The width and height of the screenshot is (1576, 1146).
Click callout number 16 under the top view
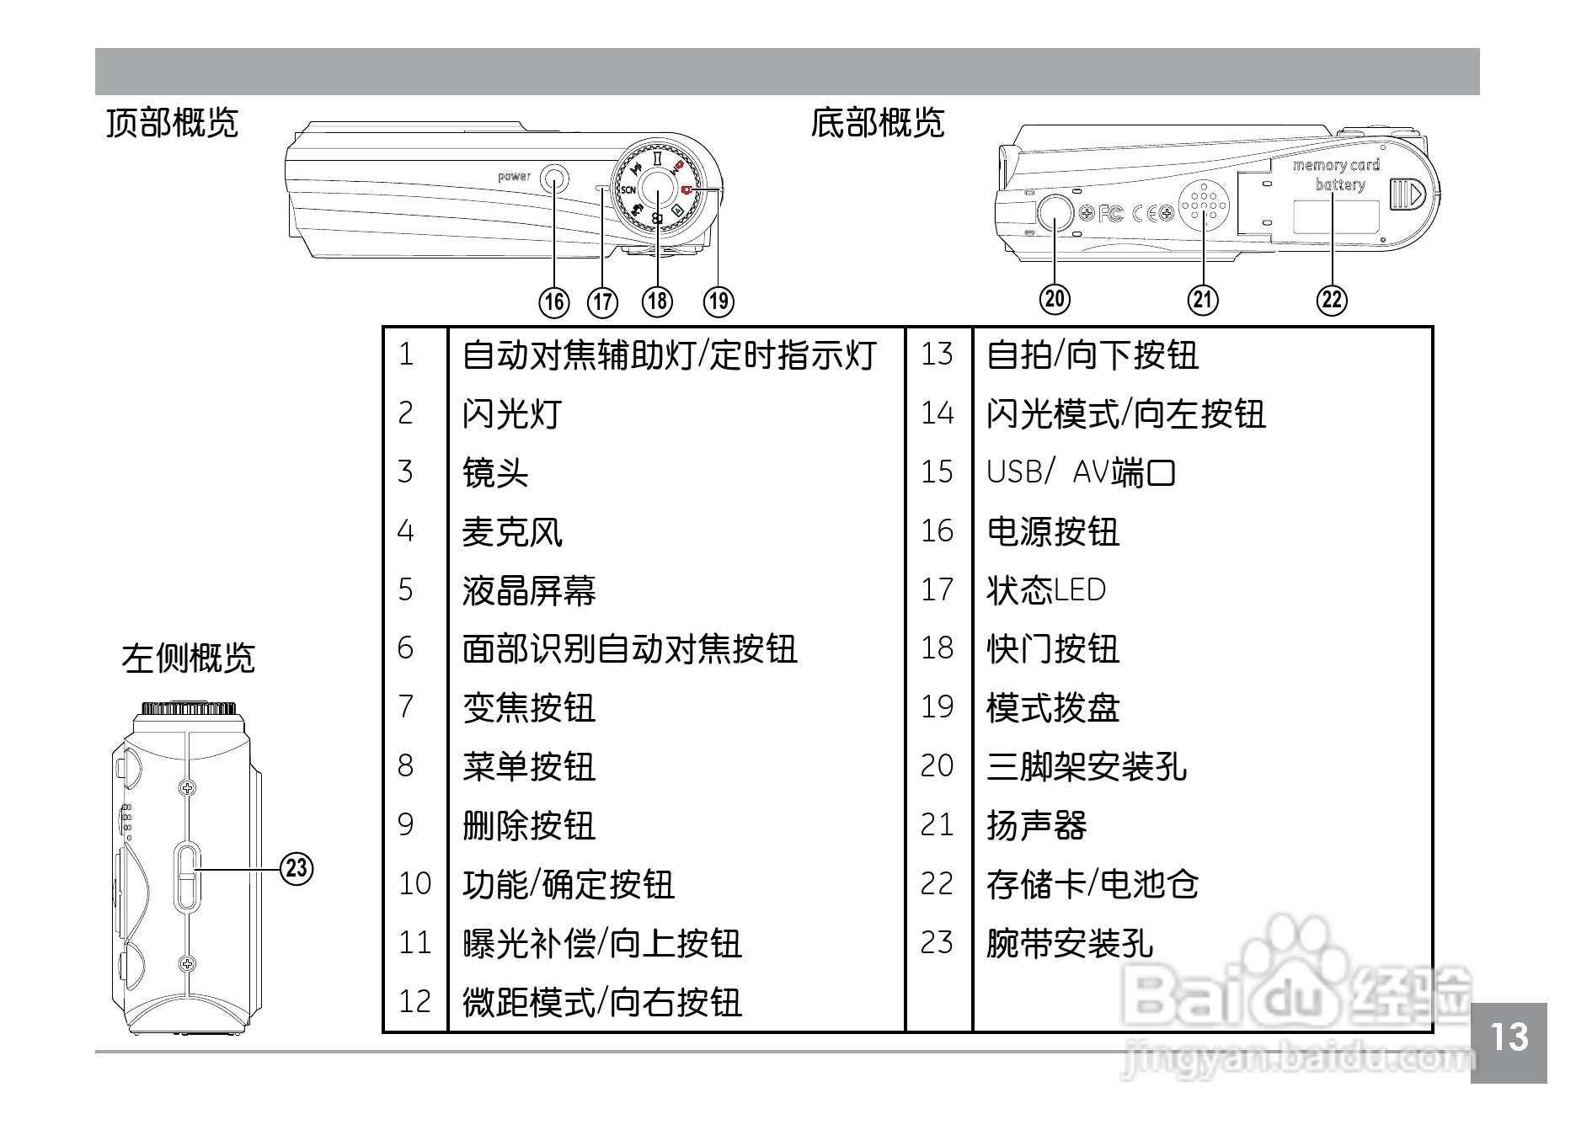click(x=554, y=301)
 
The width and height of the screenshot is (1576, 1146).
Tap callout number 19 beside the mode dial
click(x=719, y=301)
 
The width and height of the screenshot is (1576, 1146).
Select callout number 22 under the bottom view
click(x=1332, y=299)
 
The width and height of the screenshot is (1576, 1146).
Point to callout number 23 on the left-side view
click(x=297, y=867)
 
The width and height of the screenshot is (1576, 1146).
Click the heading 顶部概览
click(x=173, y=123)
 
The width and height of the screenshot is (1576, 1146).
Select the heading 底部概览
click(x=877, y=123)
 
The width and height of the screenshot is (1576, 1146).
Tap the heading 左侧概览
click(x=188, y=658)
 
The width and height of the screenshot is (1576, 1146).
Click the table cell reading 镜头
click(x=495, y=472)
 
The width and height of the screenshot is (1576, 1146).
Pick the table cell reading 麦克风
click(x=512, y=531)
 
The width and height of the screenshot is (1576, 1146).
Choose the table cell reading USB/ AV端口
click(x=1080, y=472)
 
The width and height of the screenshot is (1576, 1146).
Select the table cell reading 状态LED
click(x=1045, y=590)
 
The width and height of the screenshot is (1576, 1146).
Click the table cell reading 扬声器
click(x=1036, y=825)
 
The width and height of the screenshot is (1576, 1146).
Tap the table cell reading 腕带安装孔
click(x=1070, y=943)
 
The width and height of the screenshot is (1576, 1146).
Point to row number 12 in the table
click(x=414, y=1001)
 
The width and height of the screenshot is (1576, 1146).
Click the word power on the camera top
click(x=514, y=177)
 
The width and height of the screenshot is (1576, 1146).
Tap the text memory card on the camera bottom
click(x=1336, y=166)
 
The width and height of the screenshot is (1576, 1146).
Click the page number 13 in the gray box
click(x=1509, y=1037)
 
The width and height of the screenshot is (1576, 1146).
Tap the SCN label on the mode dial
click(x=628, y=190)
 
